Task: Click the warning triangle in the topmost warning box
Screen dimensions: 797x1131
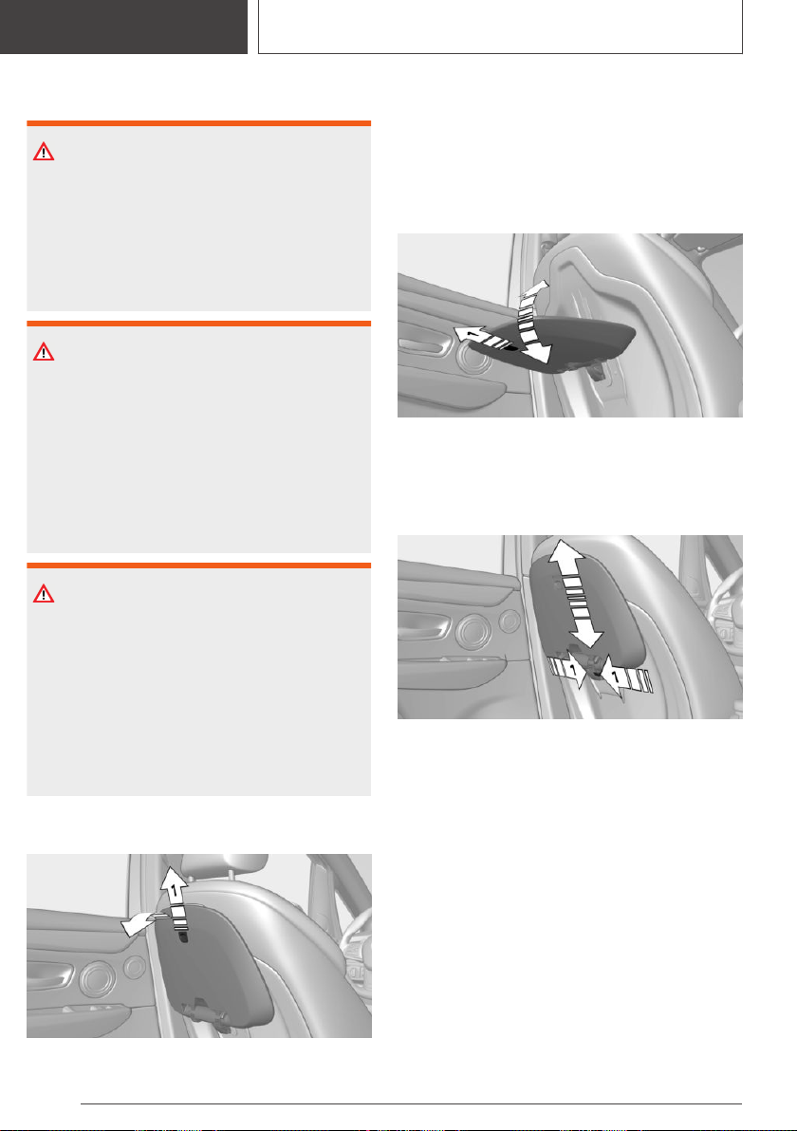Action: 44,152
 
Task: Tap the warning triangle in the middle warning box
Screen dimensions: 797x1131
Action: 44,352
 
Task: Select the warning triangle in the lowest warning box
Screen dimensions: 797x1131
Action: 44,594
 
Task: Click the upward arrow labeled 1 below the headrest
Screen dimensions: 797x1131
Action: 176,898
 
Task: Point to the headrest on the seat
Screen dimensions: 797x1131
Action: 224,868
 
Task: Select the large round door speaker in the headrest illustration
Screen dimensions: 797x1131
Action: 95,979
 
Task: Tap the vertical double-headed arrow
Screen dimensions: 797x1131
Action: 576,594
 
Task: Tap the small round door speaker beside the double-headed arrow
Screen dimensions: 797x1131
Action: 510,621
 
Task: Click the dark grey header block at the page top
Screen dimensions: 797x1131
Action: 123,27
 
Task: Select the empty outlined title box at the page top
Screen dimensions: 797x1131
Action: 501,27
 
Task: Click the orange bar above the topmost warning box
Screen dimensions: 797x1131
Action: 199,123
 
